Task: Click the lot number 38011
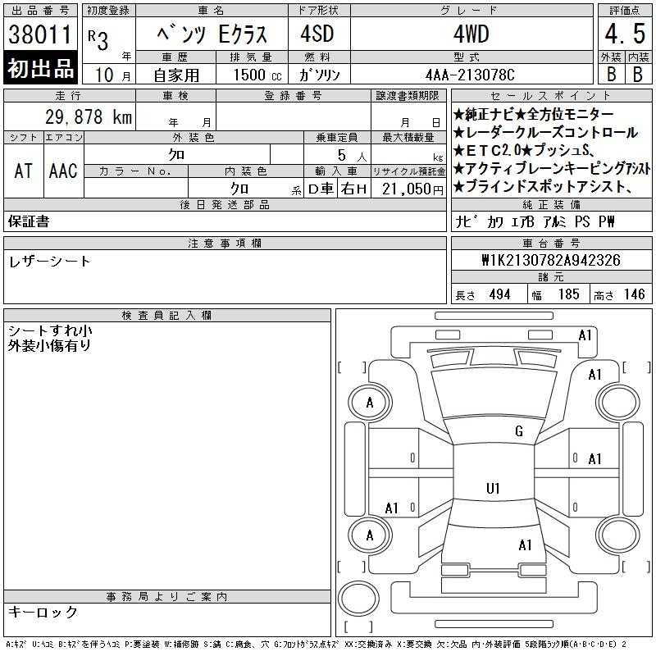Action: (x=39, y=34)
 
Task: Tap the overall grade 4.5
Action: (x=625, y=34)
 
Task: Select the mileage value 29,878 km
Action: (x=89, y=116)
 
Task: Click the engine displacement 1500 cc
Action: (x=257, y=75)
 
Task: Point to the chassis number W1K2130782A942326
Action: (x=551, y=260)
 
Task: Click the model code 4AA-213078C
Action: (x=470, y=75)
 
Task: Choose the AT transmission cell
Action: (x=24, y=171)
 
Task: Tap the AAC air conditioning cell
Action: (x=64, y=171)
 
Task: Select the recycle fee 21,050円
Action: (x=412, y=189)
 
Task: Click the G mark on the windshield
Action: (x=519, y=431)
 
